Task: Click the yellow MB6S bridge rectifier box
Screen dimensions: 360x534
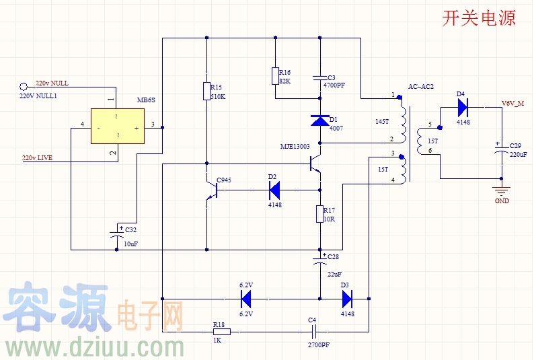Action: coord(118,126)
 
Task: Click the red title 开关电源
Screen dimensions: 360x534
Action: coord(479,18)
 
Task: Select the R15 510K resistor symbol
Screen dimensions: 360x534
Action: coord(206,91)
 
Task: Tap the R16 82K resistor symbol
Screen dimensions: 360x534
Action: coord(275,75)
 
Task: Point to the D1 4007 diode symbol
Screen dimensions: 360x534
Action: coord(320,120)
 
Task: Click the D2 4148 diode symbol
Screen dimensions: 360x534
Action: coord(272,190)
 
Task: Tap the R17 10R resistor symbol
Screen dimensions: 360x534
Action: coord(320,214)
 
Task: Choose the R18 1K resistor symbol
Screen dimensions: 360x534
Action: coord(221,331)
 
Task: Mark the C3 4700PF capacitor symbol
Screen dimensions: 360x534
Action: coord(320,79)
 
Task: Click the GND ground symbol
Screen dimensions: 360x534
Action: coord(500,190)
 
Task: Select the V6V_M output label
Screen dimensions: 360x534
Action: coord(514,104)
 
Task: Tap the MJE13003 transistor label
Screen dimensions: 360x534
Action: coord(295,146)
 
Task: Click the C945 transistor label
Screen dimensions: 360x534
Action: coord(224,180)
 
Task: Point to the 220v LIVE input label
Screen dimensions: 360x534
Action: coord(37,157)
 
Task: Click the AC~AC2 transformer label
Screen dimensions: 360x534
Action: coord(421,87)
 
